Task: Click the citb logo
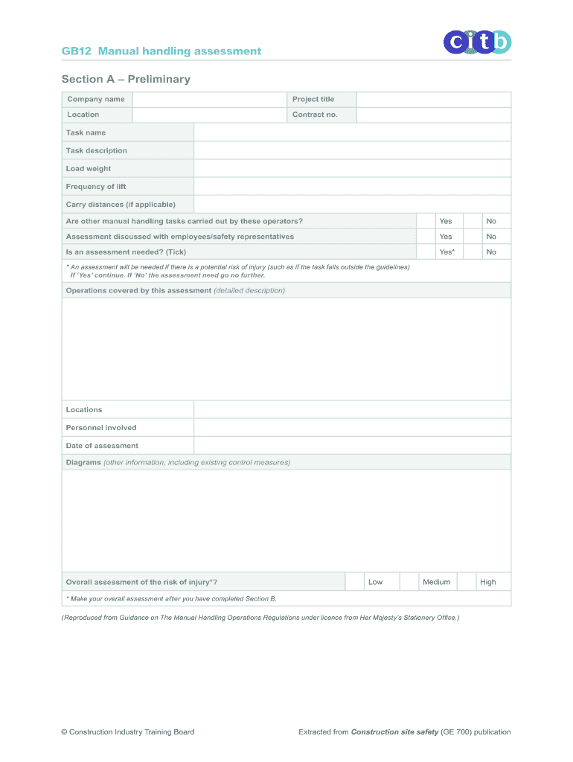pos(478,42)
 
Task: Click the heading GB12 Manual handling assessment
pos(161,51)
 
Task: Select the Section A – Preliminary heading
pos(126,79)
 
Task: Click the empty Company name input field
pos(209,100)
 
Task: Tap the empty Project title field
pos(433,100)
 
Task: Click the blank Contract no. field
pos(433,115)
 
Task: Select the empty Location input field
pos(209,115)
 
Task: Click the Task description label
pos(97,151)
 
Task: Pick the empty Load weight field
pos(352,169)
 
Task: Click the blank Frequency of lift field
pos(352,187)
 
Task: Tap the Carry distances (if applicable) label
pos(121,205)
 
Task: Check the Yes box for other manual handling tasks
pos(425,221)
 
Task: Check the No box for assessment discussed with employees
pos(472,237)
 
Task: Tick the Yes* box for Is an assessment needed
pos(425,252)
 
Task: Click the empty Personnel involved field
pos(352,428)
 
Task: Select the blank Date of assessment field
pos(352,446)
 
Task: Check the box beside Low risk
pos(354,582)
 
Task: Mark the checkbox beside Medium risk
pos(409,582)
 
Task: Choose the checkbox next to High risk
pos(466,582)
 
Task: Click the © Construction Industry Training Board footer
pos(127,732)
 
